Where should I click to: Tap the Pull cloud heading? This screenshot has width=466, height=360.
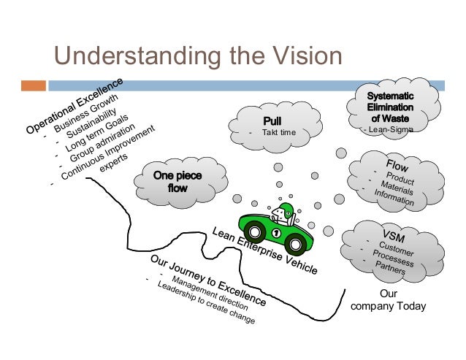click(x=277, y=120)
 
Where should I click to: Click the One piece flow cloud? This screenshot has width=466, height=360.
click(x=178, y=182)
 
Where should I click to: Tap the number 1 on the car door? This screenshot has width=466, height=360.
click(x=275, y=233)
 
